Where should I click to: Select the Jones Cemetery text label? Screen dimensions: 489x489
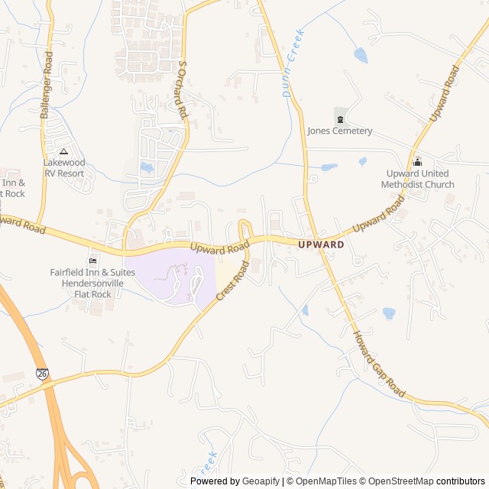[340, 131]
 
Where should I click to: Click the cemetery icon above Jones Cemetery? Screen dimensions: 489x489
[340, 118]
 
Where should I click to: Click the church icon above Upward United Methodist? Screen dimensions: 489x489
[417, 161]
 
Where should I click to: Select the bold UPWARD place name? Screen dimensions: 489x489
[321, 244]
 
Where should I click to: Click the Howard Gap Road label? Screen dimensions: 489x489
[378, 364]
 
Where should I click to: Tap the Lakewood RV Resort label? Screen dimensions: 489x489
[64, 167]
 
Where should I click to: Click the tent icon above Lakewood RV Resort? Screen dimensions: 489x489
[64, 151]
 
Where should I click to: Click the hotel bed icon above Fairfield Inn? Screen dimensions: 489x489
[93, 260]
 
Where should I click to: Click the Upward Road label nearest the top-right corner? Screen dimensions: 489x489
[445, 93]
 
